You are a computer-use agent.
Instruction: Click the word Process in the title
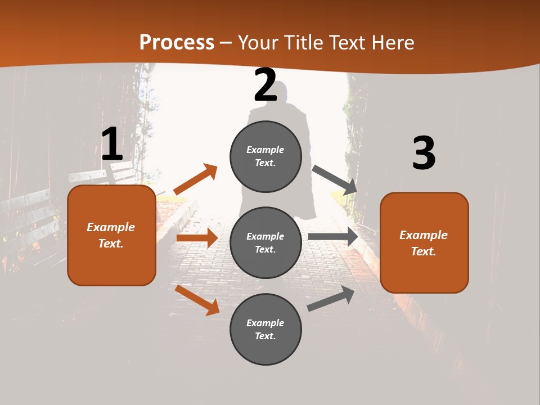(177, 43)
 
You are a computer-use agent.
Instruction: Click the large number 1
(112, 145)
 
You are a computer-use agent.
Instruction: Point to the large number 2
(265, 85)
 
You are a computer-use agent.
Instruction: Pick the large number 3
(424, 154)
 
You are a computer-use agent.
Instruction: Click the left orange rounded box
(111, 235)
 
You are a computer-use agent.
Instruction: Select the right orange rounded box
(424, 243)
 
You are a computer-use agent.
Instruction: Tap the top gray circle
(265, 156)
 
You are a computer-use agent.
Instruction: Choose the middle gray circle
(265, 243)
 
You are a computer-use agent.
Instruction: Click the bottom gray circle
(265, 330)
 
